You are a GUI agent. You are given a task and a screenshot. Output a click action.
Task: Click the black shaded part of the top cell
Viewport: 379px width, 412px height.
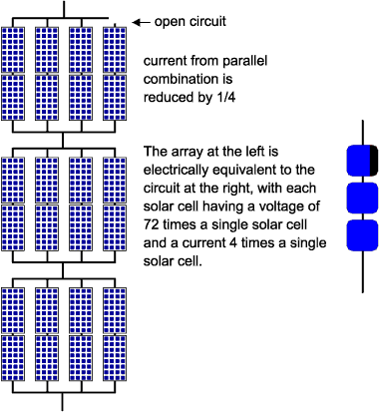[372, 161]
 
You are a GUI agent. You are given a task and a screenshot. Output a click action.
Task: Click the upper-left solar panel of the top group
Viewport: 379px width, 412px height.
[14, 48]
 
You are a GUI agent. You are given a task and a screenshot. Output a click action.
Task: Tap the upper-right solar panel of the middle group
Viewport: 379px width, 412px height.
[116, 179]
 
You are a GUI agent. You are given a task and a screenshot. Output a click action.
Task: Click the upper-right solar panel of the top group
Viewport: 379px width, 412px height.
[116, 48]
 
